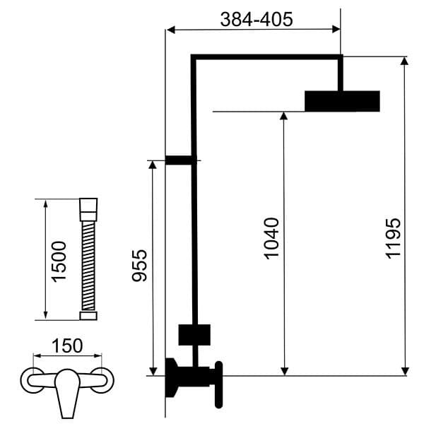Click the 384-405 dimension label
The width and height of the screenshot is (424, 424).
click(256, 20)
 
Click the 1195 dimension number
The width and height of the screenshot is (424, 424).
click(394, 238)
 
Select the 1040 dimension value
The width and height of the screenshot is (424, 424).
click(273, 238)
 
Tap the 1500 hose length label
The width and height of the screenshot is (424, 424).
click(60, 261)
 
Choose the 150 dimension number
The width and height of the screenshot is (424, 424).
click(68, 346)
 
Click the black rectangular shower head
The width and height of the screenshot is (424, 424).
click(342, 101)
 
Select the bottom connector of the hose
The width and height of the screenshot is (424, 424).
click(88, 316)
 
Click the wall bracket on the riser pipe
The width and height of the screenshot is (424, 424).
click(179, 161)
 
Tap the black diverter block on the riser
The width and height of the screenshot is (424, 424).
click(194, 335)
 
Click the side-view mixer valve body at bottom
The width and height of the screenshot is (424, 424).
click(191, 377)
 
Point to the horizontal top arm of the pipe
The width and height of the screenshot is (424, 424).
click(266, 57)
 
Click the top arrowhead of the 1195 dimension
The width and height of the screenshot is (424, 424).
click(404, 61)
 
